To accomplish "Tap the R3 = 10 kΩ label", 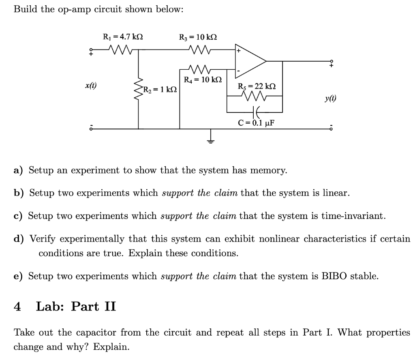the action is [198, 37].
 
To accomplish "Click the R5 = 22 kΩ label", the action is [257, 86].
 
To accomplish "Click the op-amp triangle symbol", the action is [250, 61].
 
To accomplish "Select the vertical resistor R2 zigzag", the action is [139, 89].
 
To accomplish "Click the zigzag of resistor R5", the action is [255, 96].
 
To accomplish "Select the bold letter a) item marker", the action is [19, 170].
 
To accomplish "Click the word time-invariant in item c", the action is [351, 215].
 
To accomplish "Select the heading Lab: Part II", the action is [76, 306].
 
